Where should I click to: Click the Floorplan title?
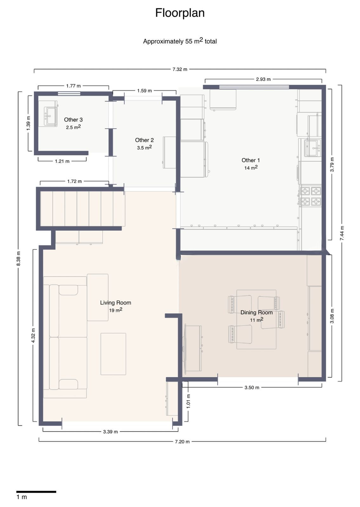(180, 13)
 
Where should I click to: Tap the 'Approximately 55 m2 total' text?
(180, 41)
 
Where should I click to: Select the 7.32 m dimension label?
(180, 69)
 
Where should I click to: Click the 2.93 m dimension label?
(263, 79)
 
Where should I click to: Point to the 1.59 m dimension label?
(144, 91)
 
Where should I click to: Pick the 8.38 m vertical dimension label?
(19, 258)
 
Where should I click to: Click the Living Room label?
(115, 303)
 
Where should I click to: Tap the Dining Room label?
(256, 312)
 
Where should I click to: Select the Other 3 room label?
(73, 119)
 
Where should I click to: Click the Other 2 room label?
(144, 140)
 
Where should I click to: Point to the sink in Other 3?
(50, 116)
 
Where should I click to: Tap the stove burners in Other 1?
(311, 196)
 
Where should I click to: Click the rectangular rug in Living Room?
(113, 354)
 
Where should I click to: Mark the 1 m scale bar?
(36, 492)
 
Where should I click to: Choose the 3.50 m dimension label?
(252, 388)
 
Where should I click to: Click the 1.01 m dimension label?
(188, 401)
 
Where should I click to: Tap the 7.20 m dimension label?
(182, 441)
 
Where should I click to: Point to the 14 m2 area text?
(251, 168)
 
